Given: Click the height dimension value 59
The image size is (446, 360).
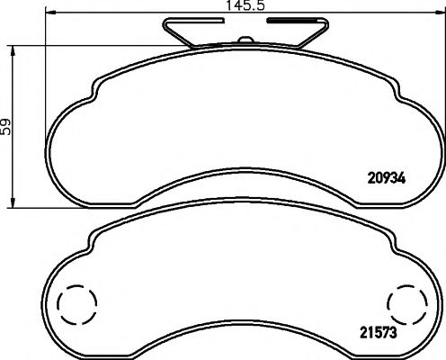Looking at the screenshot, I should (x=7, y=128).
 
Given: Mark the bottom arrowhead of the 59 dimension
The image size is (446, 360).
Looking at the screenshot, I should (x=13, y=202).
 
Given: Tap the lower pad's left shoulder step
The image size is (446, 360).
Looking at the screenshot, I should (x=93, y=241).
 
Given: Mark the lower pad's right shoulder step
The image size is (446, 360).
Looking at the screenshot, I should (x=396, y=241).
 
